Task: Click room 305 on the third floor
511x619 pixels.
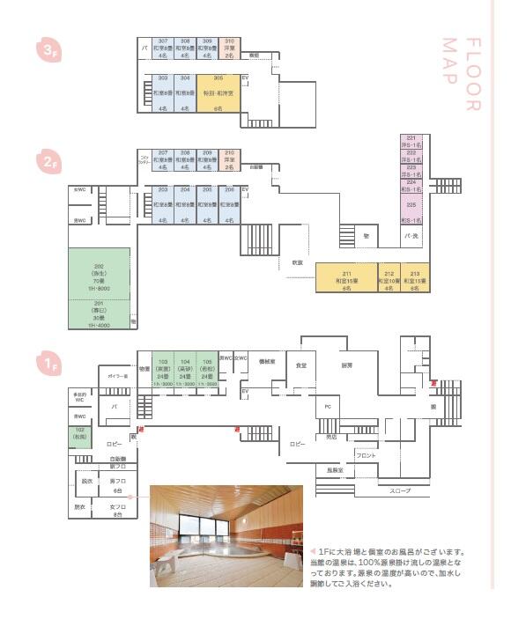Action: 217,92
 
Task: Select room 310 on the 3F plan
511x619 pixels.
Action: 229,48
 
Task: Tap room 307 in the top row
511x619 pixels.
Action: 162,48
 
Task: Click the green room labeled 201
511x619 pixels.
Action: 99,314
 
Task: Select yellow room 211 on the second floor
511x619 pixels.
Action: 346,277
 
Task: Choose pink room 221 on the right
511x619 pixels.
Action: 411,139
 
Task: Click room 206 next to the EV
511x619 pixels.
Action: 229,204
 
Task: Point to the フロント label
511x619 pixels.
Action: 366,455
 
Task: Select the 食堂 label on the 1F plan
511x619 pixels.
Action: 301,365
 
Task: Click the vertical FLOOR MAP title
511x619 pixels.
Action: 471,75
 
